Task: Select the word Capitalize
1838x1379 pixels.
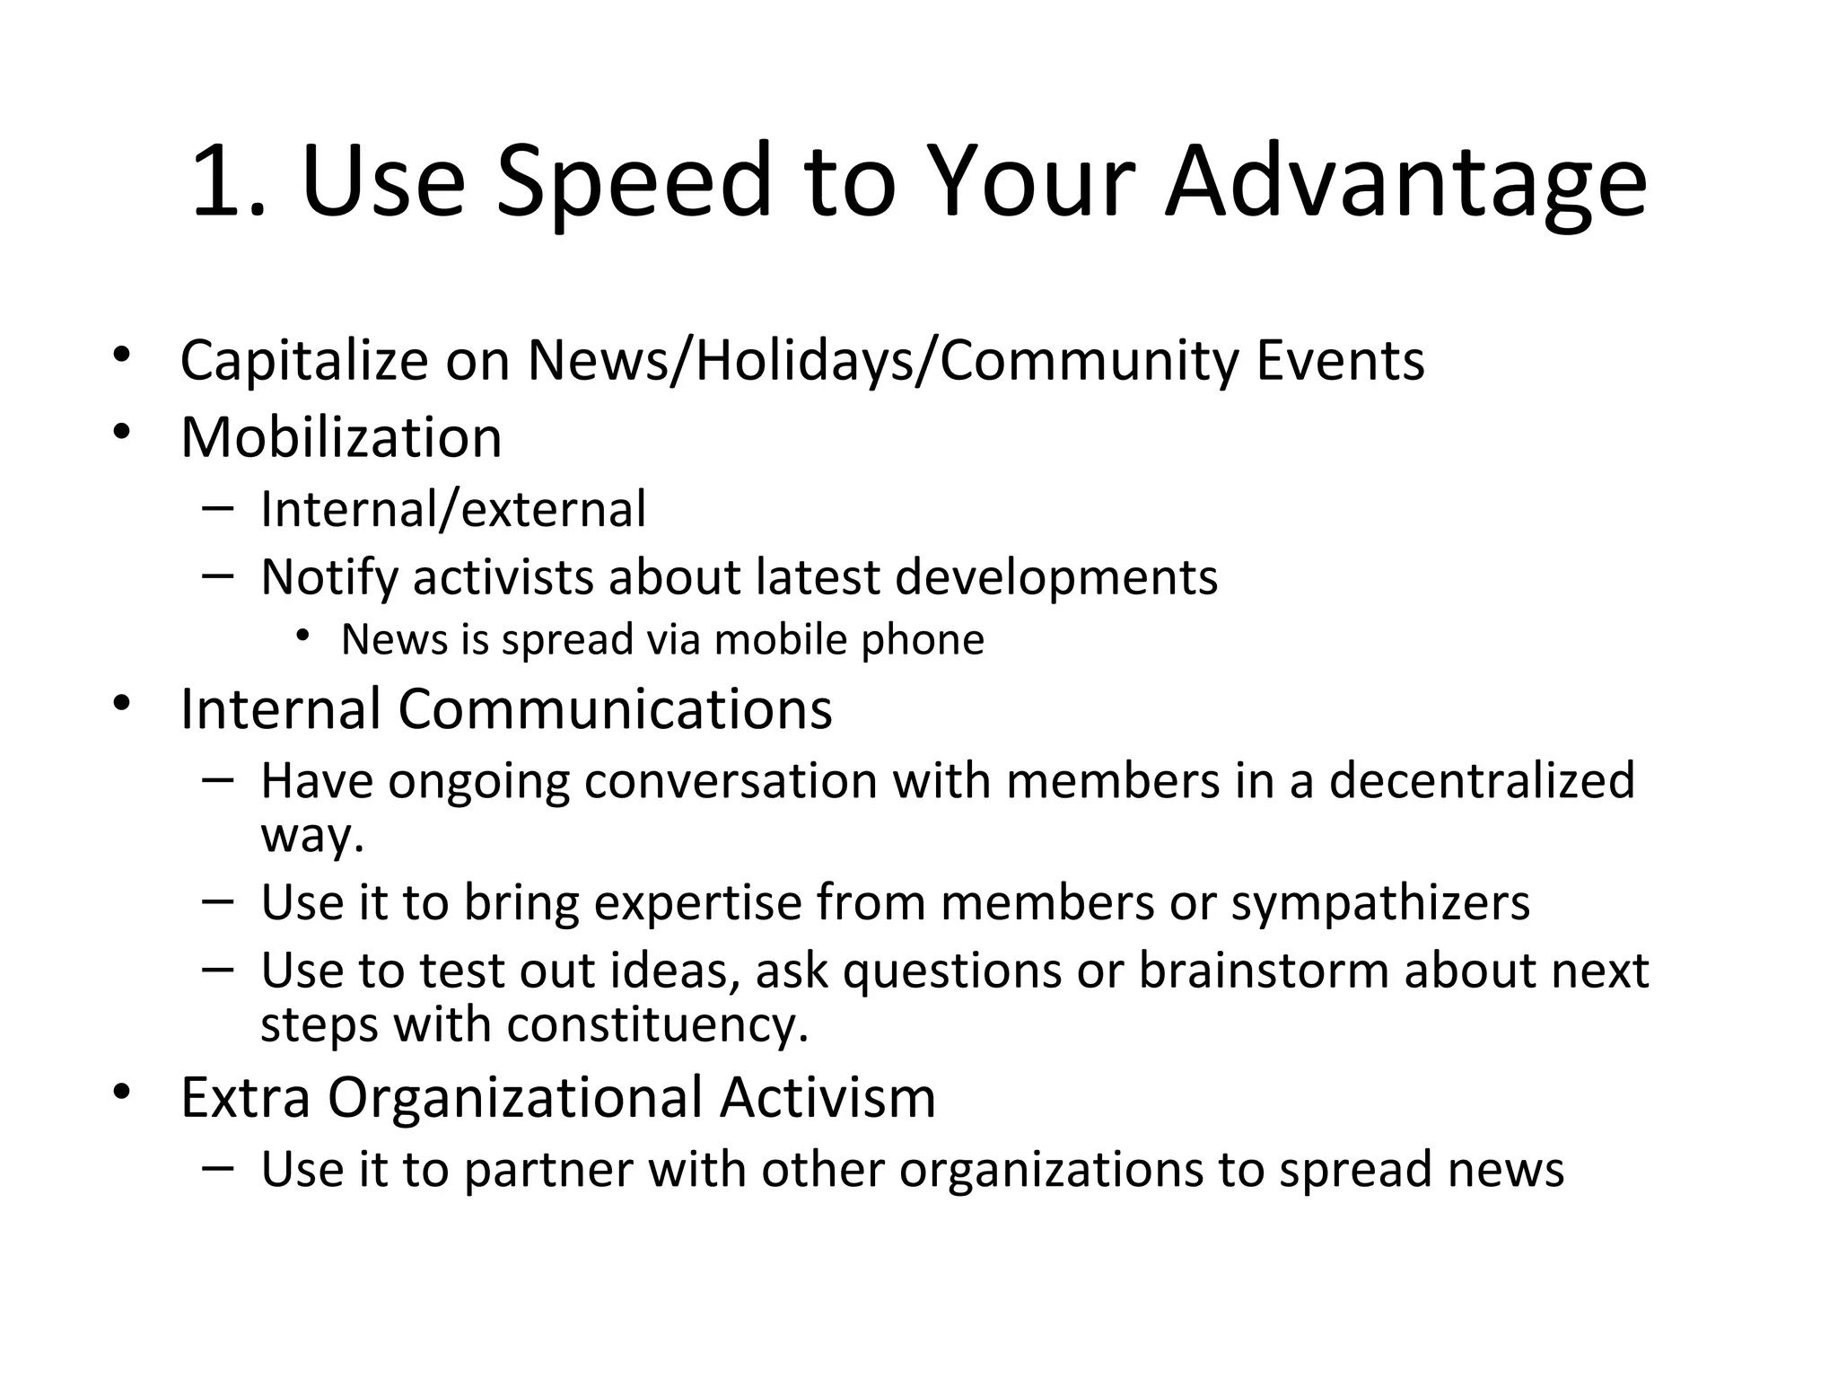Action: (304, 361)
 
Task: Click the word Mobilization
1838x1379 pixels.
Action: (341, 437)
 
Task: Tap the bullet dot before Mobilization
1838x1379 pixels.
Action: (122, 433)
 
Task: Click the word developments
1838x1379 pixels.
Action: (1056, 578)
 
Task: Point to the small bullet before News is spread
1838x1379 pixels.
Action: (302, 637)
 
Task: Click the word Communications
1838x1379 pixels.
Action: (615, 708)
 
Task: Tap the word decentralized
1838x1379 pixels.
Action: (1482, 779)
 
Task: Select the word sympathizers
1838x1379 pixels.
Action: (1380, 902)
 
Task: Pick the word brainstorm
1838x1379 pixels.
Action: (1264, 971)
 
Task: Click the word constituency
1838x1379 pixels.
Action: (658, 1025)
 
